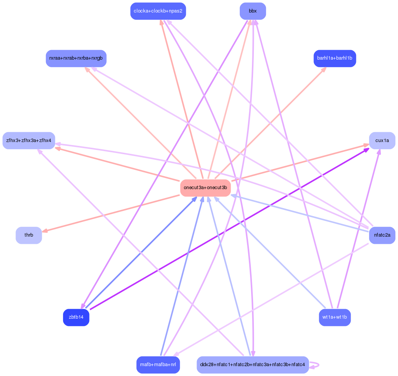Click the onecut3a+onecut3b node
(x=205, y=188)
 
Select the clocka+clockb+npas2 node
(x=158, y=11)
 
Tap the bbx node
(x=253, y=11)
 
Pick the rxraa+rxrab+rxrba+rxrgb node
(x=76, y=58)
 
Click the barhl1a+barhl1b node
(x=335, y=58)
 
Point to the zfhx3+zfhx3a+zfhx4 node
(x=29, y=141)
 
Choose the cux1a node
(x=382, y=141)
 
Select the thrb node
(x=29, y=235)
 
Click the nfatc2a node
(x=382, y=235)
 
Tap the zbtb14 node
(x=76, y=317)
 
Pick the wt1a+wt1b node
(x=335, y=317)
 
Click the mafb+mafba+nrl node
(x=158, y=365)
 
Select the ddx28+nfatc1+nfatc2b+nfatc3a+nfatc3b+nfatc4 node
(x=253, y=365)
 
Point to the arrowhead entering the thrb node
(x=45, y=231)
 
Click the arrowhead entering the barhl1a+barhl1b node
(x=324, y=70)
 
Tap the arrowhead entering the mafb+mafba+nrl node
(x=176, y=354)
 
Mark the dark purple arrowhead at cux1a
(x=366, y=150)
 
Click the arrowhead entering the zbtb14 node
(x=83, y=306)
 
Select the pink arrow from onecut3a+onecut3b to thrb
(x=111, y=213)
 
